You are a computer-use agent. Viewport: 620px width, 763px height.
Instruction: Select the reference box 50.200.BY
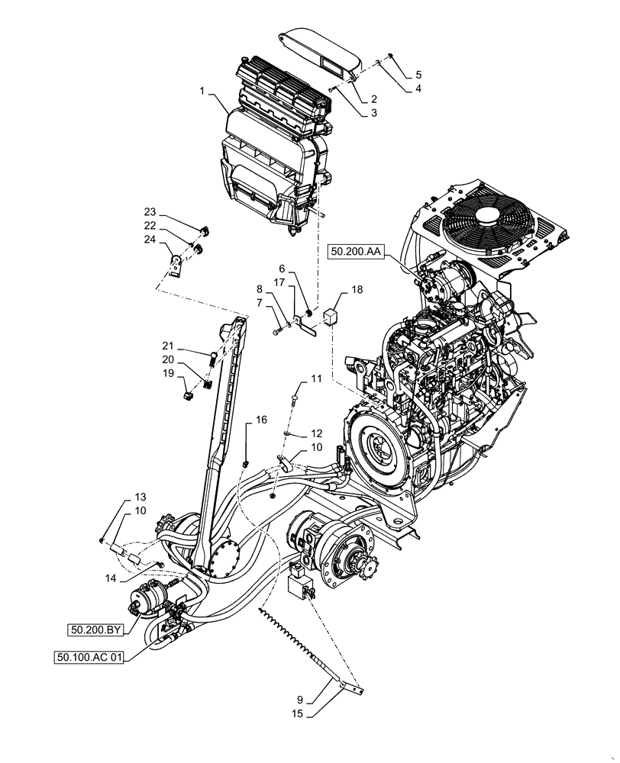click(x=93, y=629)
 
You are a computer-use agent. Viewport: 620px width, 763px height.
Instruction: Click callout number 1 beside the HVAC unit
click(x=202, y=91)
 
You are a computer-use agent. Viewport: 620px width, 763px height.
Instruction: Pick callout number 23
click(x=150, y=211)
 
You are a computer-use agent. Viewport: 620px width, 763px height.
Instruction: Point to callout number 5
click(x=418, y=75)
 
